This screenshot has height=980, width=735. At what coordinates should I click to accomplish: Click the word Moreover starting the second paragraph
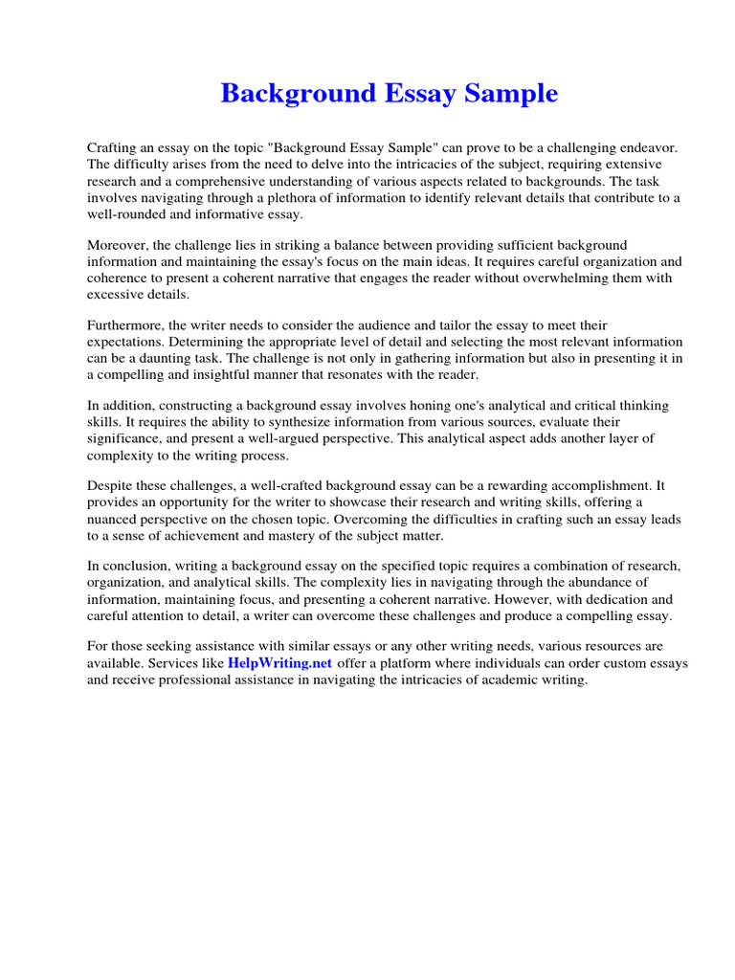tap(119, 245)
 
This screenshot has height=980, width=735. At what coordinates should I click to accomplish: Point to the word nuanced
tap(119, 519)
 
